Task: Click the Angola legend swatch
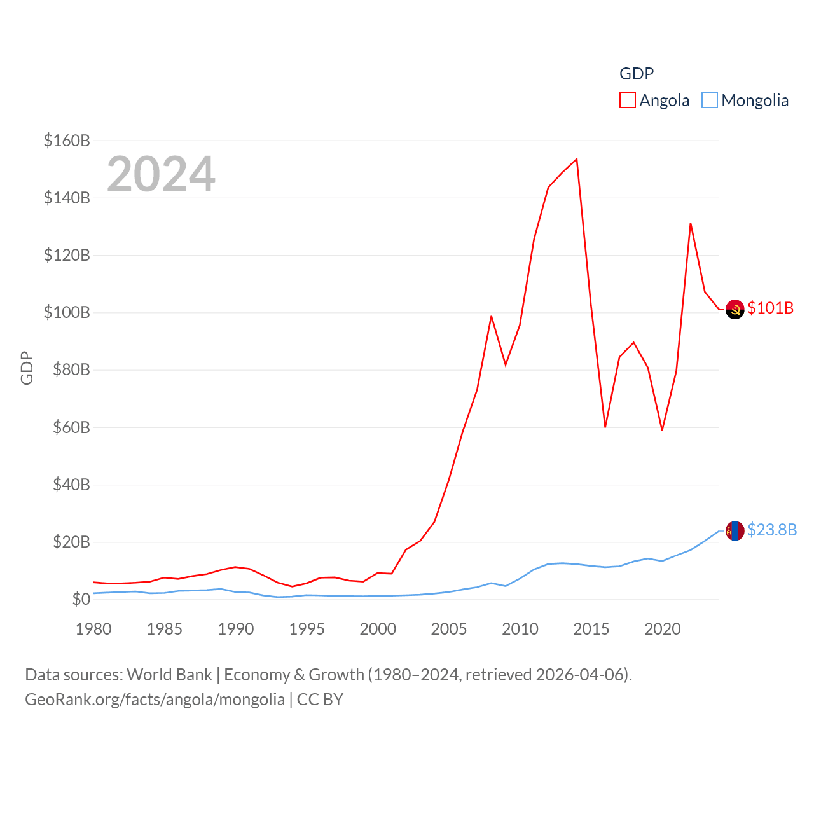tap(628, 100)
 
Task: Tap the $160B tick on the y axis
tap(67, 141)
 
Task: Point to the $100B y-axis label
tap(67, 312)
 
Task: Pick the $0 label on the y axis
tap(81, 599)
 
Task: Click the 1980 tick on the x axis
tap(93, 629)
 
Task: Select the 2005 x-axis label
tap(449, 629)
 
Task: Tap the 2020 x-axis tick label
tap(663, 629)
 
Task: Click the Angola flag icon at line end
tap(735, 309)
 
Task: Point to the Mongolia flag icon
tap(735, 530)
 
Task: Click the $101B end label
tap(771, 308)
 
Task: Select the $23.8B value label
tap(772, 530)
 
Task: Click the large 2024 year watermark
tap(161, 174)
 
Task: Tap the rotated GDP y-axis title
tap(27, 368)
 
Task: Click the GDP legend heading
tap(637, 74)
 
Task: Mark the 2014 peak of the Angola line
tap(577, 159)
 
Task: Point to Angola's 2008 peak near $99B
tap(492, 316)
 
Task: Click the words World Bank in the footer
tap(169, 674)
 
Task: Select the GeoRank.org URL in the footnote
tap(155, 700)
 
